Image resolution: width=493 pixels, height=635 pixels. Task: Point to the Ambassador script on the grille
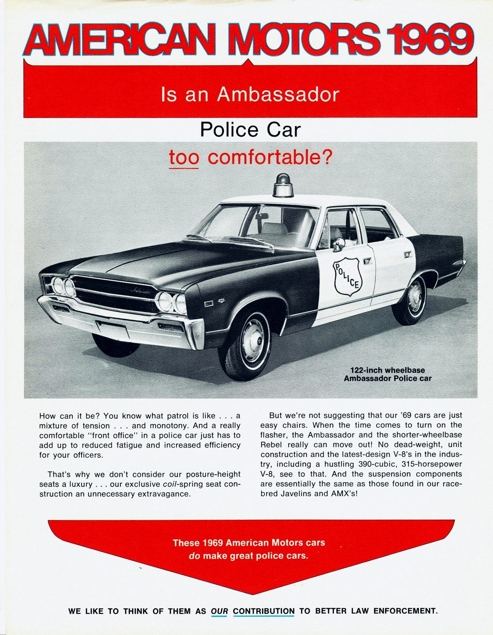click(141, 291)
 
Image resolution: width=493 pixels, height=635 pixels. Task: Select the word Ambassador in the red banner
click(278, 95)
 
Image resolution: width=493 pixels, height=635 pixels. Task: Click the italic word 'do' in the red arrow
click(194, 556)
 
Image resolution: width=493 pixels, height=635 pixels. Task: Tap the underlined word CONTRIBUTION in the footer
click(264, 611)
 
